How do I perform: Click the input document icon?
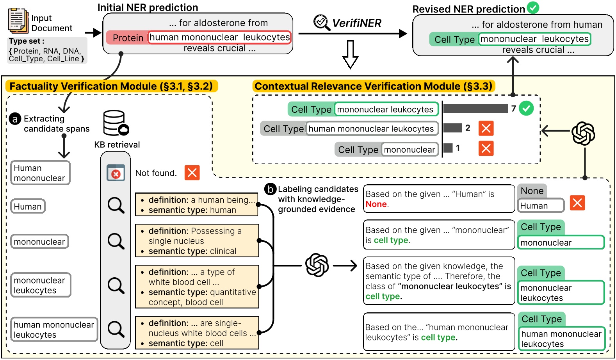(x=18, y=21)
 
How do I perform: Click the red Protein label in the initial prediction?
(x=127, y=38)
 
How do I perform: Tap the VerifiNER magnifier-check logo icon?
(x=322, y=22)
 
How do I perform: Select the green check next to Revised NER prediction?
(x=533, y=7)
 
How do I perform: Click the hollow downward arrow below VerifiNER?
(x=350, y=54)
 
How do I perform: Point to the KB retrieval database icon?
(x=116, y=123)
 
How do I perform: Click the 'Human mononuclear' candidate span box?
(x=40, y=173)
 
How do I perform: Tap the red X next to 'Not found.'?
(x=192, y=173)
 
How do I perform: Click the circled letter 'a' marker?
(x=15, y=119)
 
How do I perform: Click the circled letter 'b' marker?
(x=270, y=189)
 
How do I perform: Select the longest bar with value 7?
(x=475, y=109)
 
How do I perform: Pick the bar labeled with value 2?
(x=453, y=128)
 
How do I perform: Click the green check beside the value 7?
(x=527, y=108)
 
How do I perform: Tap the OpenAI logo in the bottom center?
(x=317, y=265)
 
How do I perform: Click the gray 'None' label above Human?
(x=532, y=191)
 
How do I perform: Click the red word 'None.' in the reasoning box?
(x=377, y=204)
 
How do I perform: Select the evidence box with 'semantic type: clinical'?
(x=197, y=241)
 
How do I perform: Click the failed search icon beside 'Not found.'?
(x=116, y=173)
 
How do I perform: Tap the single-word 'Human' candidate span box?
(x=28, y=207)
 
